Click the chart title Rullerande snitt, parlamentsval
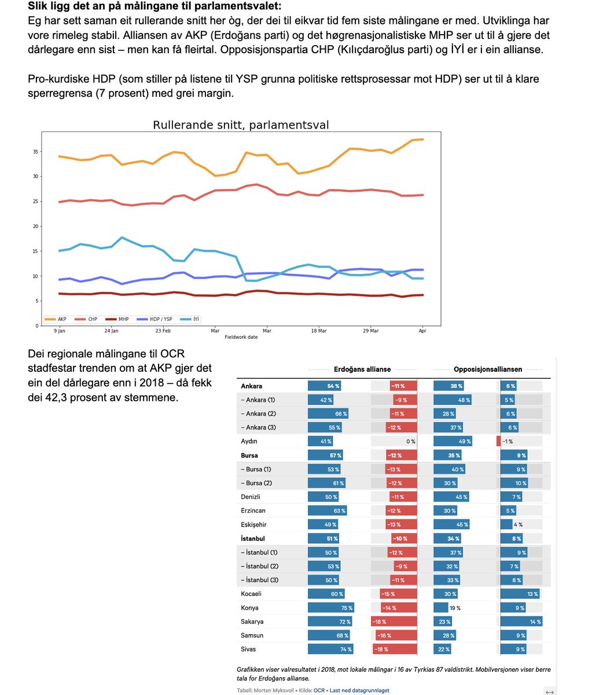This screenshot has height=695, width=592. point(241,125)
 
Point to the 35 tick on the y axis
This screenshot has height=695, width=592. point(35,152)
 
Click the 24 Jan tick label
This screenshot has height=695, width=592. point(111,331)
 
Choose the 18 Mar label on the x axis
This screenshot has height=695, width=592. point(318,331)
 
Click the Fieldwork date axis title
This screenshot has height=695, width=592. point(241,336)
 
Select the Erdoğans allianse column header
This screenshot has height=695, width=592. point(362,369)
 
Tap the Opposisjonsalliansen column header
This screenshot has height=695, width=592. point(488,369)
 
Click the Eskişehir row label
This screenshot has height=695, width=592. point(253,525)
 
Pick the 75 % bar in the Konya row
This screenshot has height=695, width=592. point(330,608)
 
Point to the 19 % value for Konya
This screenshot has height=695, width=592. point(455,608)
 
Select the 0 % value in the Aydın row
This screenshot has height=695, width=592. point(411,441)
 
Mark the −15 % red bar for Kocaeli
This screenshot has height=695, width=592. point(398,594)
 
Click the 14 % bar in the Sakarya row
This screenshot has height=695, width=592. point(521,621)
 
